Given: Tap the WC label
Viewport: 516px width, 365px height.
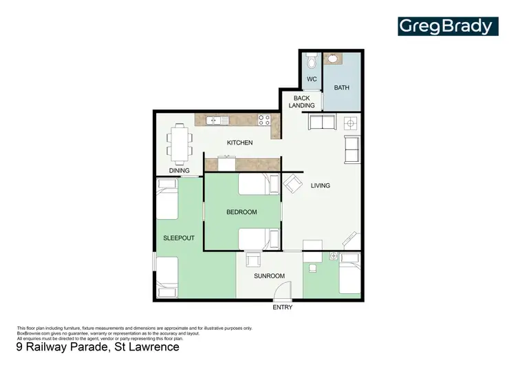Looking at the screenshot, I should (x=312, y=79).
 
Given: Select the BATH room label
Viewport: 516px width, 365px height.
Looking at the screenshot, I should (x=342, y=88).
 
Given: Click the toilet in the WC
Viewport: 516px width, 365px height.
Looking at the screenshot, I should (x=312, y=62).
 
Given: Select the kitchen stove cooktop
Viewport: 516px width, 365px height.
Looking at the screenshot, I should (x=264, y=120).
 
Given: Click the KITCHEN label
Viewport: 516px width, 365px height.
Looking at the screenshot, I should (x=240, y=143).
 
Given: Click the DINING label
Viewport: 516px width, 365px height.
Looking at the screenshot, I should (x=179, y=171).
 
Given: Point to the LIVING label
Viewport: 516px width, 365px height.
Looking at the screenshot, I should (x=320, y=186).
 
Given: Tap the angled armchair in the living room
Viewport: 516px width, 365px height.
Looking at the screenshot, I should (x=292, y=184).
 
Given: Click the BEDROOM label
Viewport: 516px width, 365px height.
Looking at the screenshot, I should (x=241, y=212).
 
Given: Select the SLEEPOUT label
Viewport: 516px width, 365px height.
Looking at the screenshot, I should (x=178, y=238).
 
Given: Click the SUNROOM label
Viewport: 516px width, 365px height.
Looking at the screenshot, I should (x=268, y=276).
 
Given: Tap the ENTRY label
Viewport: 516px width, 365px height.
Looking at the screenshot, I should (x=282, y=308).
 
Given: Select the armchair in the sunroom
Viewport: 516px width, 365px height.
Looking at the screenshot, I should (x=252, y=260).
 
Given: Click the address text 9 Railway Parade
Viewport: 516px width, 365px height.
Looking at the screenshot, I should (x=98, y=347).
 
